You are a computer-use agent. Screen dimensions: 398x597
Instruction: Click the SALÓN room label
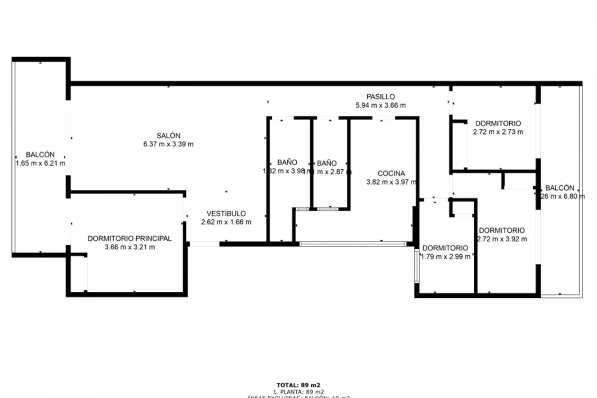click(x=168, y=136)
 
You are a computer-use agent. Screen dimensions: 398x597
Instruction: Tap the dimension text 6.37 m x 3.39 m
click(x=168, y=144)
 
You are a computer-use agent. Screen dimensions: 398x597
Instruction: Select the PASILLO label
click(x=380, y=97)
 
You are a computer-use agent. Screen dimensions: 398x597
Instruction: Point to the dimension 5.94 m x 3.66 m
click(x=380, y=105)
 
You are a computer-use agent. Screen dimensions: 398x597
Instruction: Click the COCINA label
click(x=391, y=173)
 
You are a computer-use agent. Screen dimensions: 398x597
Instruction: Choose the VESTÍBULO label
click(x=226, y=213)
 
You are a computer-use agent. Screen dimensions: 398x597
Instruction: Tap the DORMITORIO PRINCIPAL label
click(x=129, y=238)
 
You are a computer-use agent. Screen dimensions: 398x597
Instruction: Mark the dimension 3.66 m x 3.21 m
click(x=129, y=247)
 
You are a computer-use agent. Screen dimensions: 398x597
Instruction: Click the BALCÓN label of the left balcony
click(x=40, y=155)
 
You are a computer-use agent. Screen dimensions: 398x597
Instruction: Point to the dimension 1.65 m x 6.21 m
click(x=40, y=163)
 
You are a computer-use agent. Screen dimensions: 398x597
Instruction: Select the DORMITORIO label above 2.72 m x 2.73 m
click(x=498, y=123)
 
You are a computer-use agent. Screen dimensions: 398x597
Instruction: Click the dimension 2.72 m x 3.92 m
click(x=502, y=239)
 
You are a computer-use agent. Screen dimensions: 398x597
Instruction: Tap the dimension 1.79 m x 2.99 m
click(x=446, y=257)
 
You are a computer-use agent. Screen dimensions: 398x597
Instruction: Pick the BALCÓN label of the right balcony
click(x=559, y=188)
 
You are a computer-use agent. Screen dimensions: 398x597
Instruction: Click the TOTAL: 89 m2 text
click(x=298, y=385)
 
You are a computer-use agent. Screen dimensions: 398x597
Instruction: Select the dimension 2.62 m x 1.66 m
click(x=226, y=222)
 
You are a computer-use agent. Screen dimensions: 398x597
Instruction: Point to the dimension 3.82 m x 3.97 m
click(x=391, y=182)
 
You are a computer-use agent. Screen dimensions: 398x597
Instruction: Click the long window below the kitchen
click(x=353, y=244)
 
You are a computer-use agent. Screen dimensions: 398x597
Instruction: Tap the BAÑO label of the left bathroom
click(x=287, y=162)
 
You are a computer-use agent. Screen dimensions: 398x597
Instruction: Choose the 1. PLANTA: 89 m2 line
click(x=298, y=392)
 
